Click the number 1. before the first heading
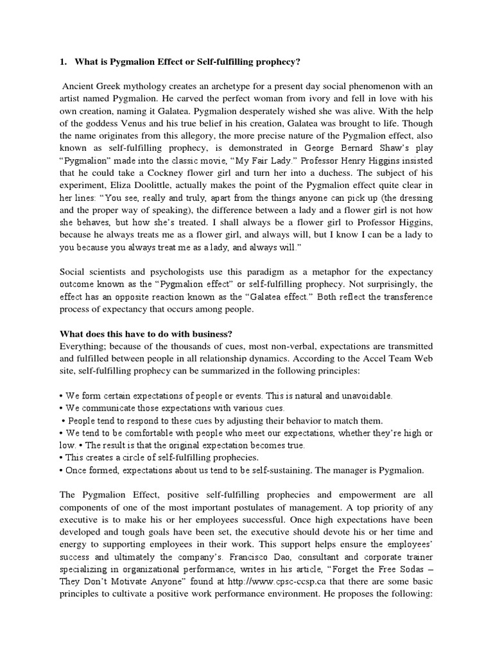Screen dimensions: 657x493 click(64, 62)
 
